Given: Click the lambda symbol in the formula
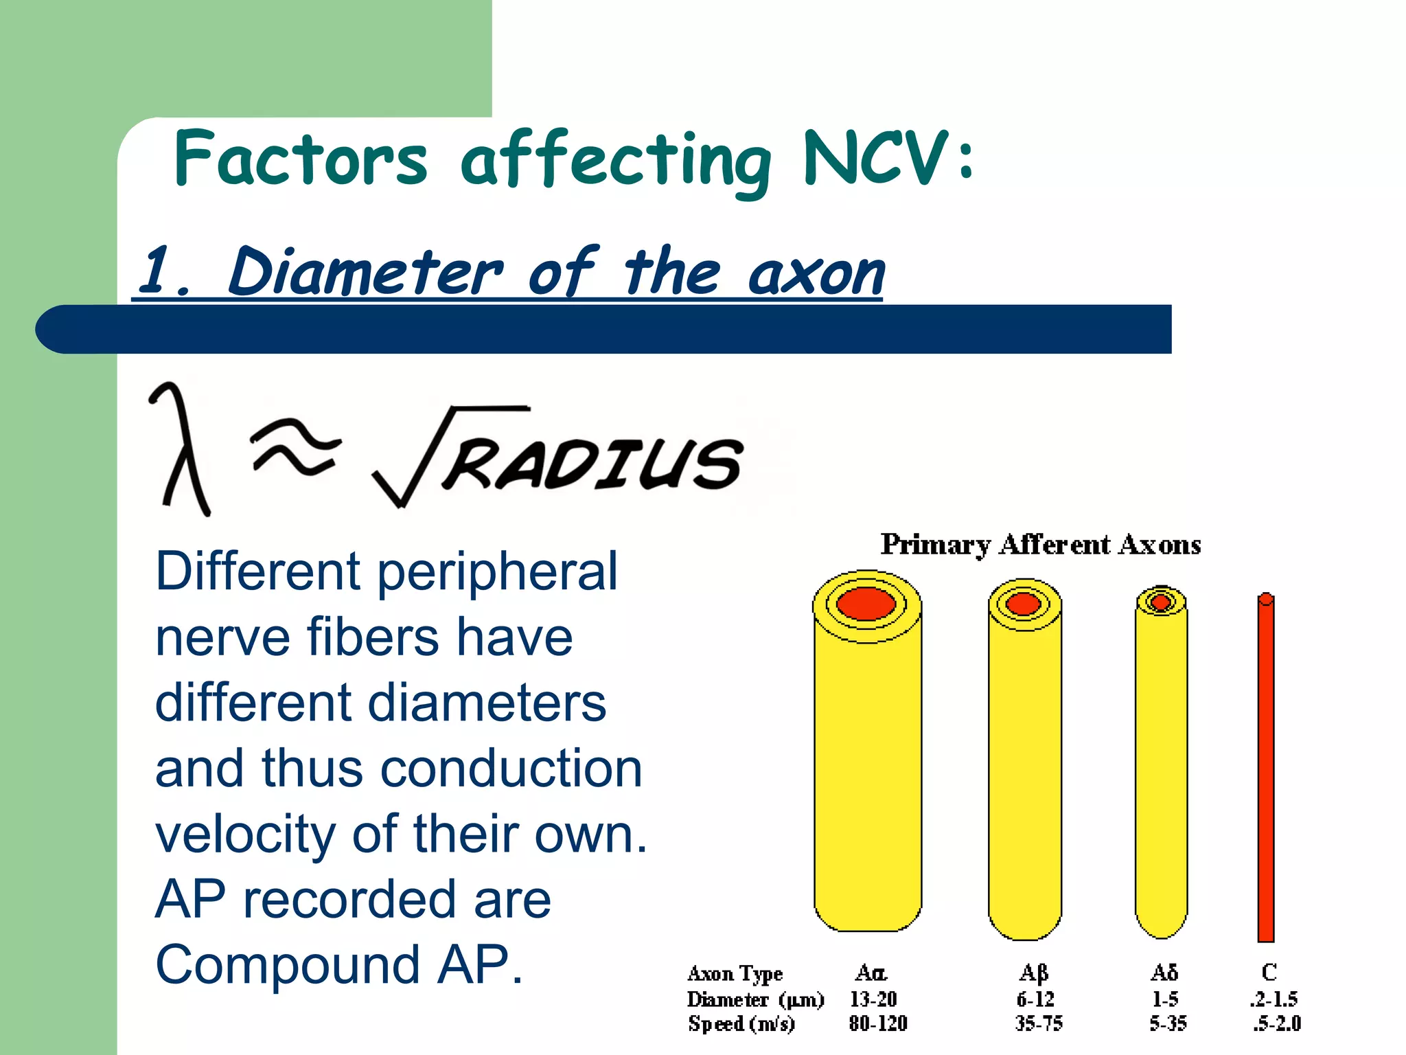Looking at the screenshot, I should tap(181, 449).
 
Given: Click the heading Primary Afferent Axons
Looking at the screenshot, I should tap(1041, 545).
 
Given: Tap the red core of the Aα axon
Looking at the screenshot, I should tap(866, 604).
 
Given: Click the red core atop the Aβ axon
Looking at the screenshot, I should tap(1024, 604).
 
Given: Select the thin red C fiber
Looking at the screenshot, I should tap(1266, 769).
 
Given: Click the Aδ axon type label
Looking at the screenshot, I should tap(1164, 973).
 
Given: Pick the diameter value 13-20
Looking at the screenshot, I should tap(873, 999).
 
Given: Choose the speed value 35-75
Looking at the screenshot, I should tap(1039, 1024).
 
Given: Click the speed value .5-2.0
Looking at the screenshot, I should tap(1276, 1024).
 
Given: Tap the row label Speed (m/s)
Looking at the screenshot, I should tap(741, 1024).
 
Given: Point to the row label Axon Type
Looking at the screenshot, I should tap(735, 974).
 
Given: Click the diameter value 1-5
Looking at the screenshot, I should tap(1165, 999).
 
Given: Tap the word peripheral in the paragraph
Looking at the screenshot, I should tap(497, 571).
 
